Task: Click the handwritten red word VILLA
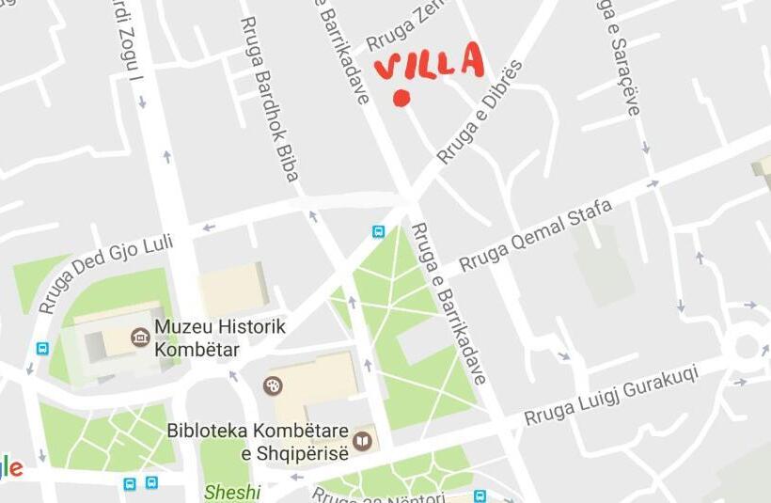[429, 63]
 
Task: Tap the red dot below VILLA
[402, 98]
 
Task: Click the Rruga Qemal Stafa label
[534, 237]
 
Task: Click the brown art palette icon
[273, 385]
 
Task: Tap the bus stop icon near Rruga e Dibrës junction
[378, 231]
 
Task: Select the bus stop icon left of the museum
[42, 348]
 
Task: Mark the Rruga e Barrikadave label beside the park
[449, 303]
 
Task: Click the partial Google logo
[9, 466]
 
